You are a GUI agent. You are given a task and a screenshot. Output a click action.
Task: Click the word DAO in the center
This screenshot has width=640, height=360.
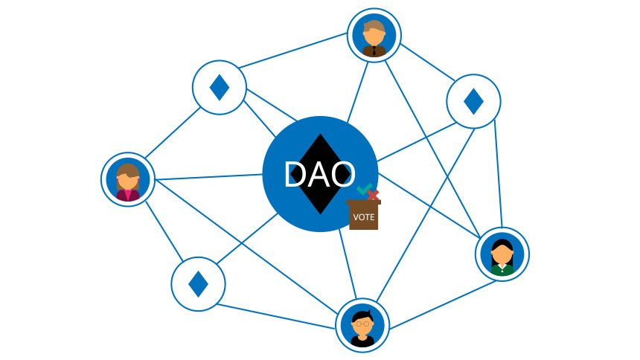(x=320, y=174)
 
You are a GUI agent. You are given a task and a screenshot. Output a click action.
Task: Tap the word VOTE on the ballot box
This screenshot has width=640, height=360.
(x=364, y=217)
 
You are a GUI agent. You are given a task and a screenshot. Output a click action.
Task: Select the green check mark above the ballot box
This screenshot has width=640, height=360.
(x=364, y=189)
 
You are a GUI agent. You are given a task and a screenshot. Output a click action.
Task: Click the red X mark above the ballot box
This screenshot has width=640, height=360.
(x=373, y=196)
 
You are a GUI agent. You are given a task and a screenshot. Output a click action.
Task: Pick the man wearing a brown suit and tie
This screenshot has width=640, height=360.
(x=374, y=38)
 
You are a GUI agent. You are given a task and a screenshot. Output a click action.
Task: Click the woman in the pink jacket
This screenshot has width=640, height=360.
(x=128, y=182)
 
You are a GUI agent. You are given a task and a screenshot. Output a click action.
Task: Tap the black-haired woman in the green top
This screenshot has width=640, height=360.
(x=502, y=257)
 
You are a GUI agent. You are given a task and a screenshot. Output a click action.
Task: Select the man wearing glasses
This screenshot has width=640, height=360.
(x=362, y=329)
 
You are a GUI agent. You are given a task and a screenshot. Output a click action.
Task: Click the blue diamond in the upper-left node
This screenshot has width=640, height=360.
(x=220, y=87)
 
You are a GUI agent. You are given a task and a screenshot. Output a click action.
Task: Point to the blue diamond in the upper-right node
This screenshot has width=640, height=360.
(x=473, y=101)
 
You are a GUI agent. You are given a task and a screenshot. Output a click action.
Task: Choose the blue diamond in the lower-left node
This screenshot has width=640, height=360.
(x=198, y=283)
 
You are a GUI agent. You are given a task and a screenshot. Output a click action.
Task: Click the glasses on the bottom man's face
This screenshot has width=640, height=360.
(x=362, y=324)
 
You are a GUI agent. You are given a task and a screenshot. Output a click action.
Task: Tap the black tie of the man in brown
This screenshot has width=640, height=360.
(x=374, y=51)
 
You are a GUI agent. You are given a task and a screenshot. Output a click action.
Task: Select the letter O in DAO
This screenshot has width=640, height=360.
(x=343, y=174)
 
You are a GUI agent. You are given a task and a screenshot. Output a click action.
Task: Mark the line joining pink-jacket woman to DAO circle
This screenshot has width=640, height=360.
(x=208, y=177)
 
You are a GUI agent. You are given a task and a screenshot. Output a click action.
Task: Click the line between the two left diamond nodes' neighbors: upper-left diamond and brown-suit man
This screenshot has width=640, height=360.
(x=293, y=51)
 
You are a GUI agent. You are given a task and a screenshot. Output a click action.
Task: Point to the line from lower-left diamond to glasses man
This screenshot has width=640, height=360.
(x=277, y=316)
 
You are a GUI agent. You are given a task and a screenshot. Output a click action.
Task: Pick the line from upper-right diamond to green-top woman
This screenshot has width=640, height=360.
(x=498, y=173)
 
